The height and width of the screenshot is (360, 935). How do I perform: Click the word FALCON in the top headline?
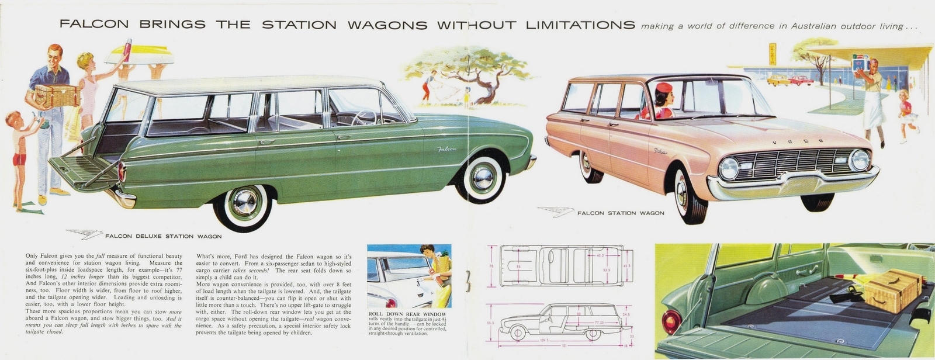[94, 25]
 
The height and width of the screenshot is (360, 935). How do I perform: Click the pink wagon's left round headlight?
[729, 168]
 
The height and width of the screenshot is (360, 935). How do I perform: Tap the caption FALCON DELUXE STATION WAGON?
[163, 237]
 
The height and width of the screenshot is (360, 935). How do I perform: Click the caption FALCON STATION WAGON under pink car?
[621, 213]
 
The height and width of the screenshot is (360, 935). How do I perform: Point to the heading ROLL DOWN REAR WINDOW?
[407, 314]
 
